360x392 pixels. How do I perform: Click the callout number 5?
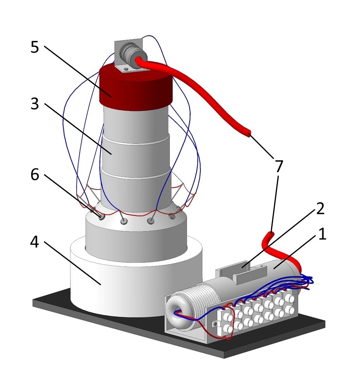click(x=35, y=47)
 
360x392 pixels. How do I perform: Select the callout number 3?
click(x=35, y=104)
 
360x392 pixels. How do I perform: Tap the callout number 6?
click(x=35, y=175)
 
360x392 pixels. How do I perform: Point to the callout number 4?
click(x=35, y=242)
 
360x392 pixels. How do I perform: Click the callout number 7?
click(x=278, y=166)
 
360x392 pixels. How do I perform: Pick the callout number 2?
click(x=320, y=209)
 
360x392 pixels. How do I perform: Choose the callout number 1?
click(x=322, y=234)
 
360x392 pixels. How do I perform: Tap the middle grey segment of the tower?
click(x=136, y=153)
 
